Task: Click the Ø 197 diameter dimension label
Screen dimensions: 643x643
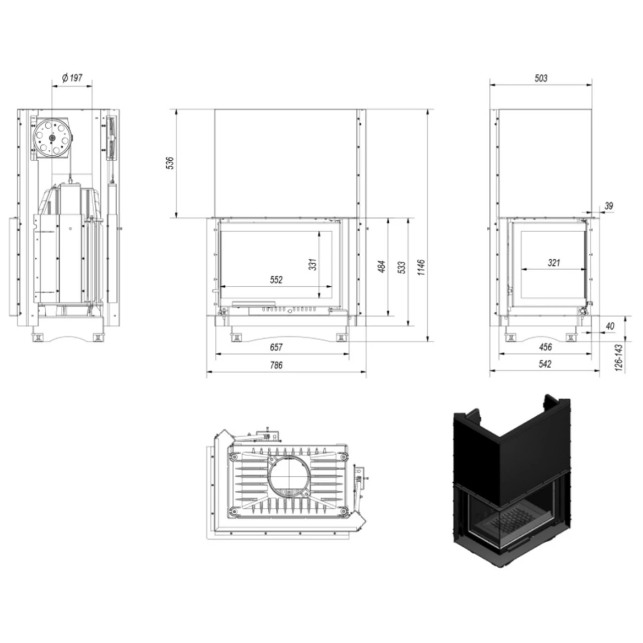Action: point(72,78)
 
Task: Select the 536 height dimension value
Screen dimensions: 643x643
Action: point(170,163)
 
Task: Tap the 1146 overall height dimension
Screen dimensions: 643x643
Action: point(422,267)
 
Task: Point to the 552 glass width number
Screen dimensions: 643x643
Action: point(276,280)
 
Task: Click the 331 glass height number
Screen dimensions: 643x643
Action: point(312,264)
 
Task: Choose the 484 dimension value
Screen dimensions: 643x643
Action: point(382,266)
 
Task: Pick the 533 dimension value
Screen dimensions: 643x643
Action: point(402,268)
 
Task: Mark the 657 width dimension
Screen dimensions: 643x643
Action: point(276,347)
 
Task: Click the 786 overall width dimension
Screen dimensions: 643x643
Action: point(276,365)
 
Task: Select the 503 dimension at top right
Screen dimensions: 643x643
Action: point(541,78)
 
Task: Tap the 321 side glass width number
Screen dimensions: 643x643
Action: point(554,263)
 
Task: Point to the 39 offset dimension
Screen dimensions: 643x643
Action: point(609,206)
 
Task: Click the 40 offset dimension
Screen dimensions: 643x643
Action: point(610,326)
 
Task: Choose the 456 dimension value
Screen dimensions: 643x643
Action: point(545,347)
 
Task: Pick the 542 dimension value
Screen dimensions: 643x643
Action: point(545,364)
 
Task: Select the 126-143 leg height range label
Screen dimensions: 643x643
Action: point(618,358)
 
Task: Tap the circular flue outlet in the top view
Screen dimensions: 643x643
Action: point(289,476)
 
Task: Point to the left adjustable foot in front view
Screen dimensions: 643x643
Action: point(236,337)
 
